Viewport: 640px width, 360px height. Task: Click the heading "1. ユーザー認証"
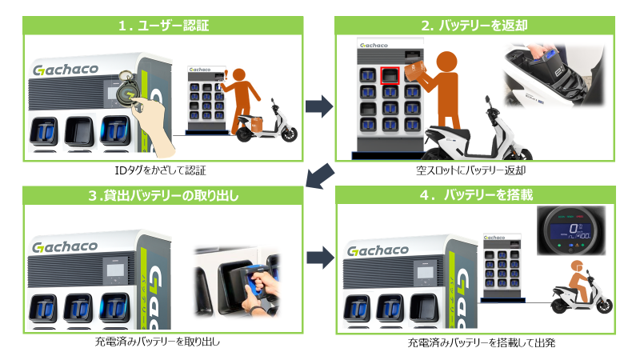[163, 26]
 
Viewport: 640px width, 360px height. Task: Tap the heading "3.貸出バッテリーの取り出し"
[163, 196]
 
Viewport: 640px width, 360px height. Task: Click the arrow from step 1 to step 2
[320, 104]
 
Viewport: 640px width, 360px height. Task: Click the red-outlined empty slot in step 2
[390, 76]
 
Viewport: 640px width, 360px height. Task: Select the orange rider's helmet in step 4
[576, 266]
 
